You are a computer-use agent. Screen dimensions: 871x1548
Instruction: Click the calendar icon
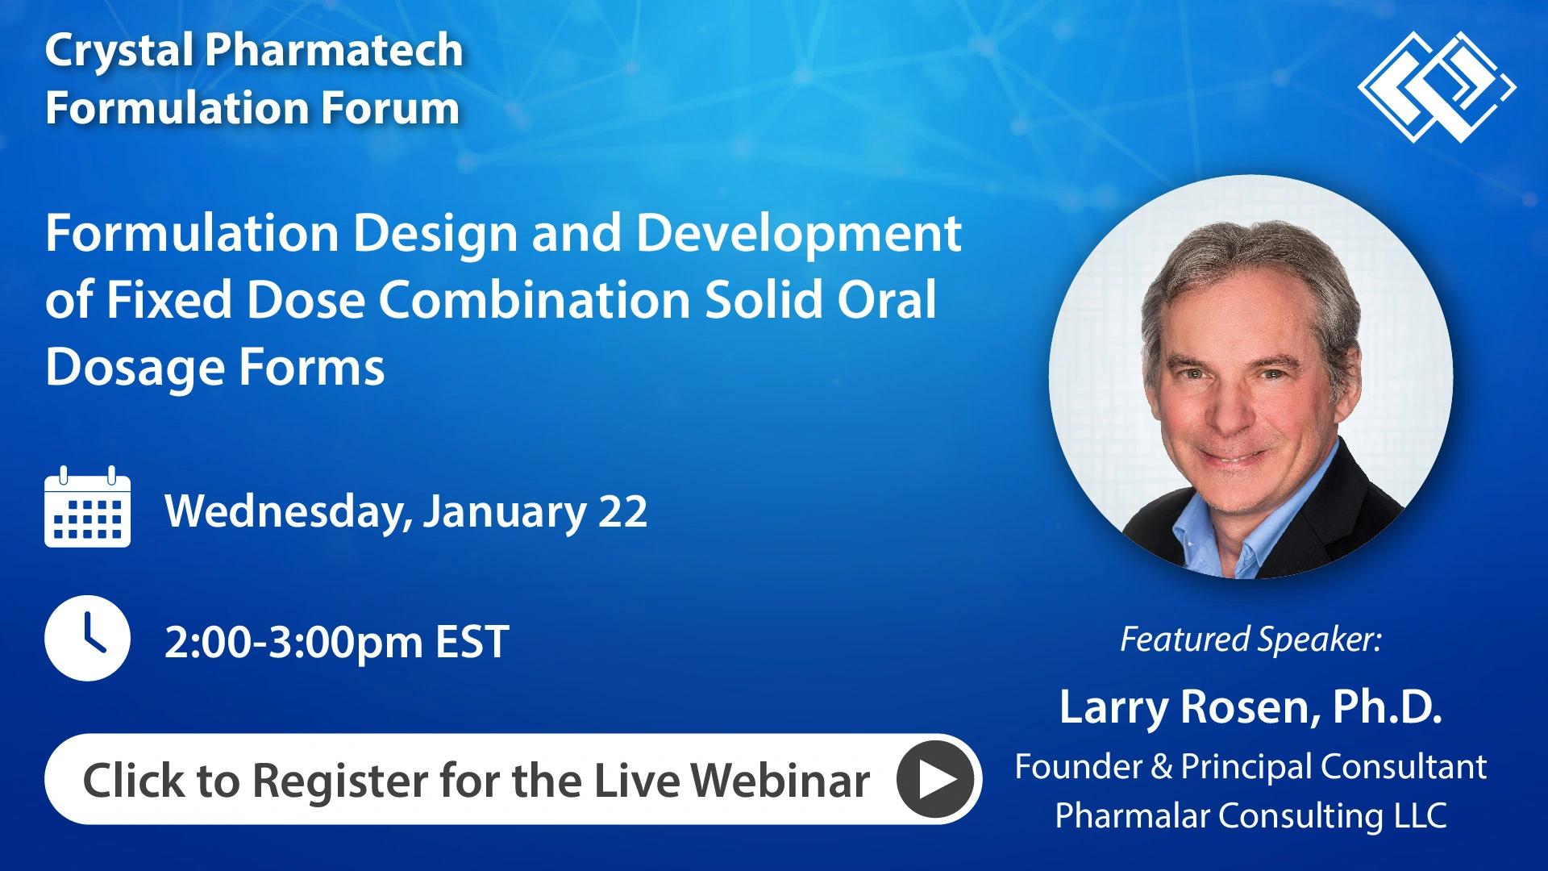coord(87,508)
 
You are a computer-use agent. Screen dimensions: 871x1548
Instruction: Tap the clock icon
coord(87,638)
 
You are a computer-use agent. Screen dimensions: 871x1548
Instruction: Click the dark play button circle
coord(934,779)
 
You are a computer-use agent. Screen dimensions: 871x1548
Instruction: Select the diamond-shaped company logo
coord(1436,87)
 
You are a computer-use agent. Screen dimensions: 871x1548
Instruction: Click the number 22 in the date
coord(622,511)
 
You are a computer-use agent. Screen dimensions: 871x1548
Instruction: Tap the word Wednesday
coord(286,511)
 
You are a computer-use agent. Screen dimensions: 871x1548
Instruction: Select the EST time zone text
coord(472,643)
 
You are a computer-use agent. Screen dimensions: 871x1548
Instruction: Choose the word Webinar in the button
coord(780,781)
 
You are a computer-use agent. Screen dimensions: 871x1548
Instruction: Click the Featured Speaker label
coord(1250,640)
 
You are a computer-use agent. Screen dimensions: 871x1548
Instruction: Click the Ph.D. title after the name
coord(1387,706)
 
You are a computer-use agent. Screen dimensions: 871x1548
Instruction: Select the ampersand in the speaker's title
coord(1161,767)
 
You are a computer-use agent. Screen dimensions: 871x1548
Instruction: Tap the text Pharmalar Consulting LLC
coord(1250,815)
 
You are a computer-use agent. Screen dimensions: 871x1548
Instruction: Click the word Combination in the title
coord(534,300)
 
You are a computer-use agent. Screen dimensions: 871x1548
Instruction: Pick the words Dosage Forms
coord(214,367)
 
